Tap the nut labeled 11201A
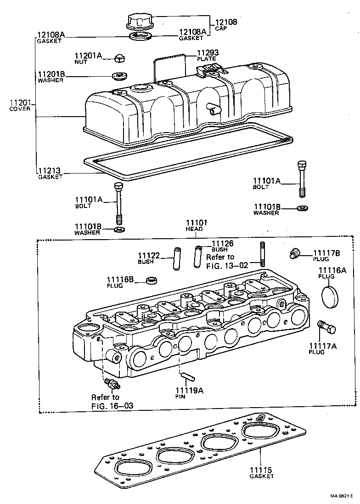point(119,58)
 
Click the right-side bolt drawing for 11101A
point(302,179)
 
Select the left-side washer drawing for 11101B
point(118,229)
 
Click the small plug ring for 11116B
point(152,280)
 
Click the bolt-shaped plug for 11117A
point(327,328)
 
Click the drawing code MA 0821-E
point(342,496)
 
